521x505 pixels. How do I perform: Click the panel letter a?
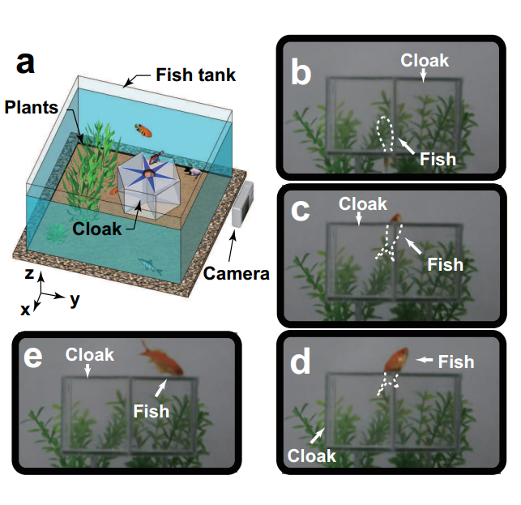point(25,63)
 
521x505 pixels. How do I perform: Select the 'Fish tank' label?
point(196,75)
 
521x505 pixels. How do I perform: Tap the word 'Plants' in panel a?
point(32,107)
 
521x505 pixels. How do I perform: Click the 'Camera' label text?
point(237,274)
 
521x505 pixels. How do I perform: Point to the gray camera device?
point(243,204)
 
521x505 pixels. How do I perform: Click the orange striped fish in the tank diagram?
point(143,130)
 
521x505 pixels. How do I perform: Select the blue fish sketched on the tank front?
point(150,266)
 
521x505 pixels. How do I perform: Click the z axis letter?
point(29,273)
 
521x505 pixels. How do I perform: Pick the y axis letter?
point(75,300)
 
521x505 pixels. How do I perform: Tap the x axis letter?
point(25,310)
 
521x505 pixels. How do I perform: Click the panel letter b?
point(301,71)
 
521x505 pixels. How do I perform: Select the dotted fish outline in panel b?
point(386,135)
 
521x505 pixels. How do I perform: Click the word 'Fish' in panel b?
point(438,159)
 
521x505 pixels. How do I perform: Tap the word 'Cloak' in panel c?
point(363,203)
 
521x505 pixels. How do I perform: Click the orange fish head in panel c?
point(395,218)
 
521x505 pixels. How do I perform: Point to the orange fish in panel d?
point(396,359)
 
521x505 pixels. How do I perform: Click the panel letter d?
point(301,362)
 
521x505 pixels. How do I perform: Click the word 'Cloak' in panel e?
point(90,355)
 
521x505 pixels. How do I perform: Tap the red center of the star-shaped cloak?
point(147,173)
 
